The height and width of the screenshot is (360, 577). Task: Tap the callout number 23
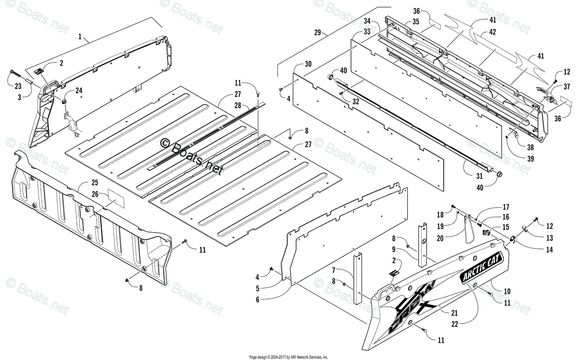[18, 87]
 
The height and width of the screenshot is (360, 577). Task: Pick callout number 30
[308, 64]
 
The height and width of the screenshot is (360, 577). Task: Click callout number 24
[78, 90]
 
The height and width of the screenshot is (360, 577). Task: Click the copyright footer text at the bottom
[288, 357]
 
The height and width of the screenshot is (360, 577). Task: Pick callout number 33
[367, 32]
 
